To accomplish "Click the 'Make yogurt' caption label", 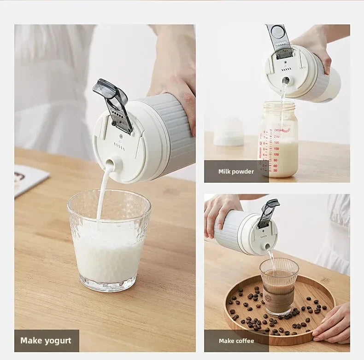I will click(x=46, y=341).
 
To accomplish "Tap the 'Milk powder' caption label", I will click(x=236, y=171).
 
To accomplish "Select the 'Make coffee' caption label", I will click(x=236, y=341).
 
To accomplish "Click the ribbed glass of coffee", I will click(x=279, y=285).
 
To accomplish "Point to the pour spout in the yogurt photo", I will click(x=110, y=164).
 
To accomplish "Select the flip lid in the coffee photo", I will click(x=268, y=213).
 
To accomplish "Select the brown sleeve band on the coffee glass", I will click(x=278, y=295).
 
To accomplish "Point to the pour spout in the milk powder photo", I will click(x=286, y=81).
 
